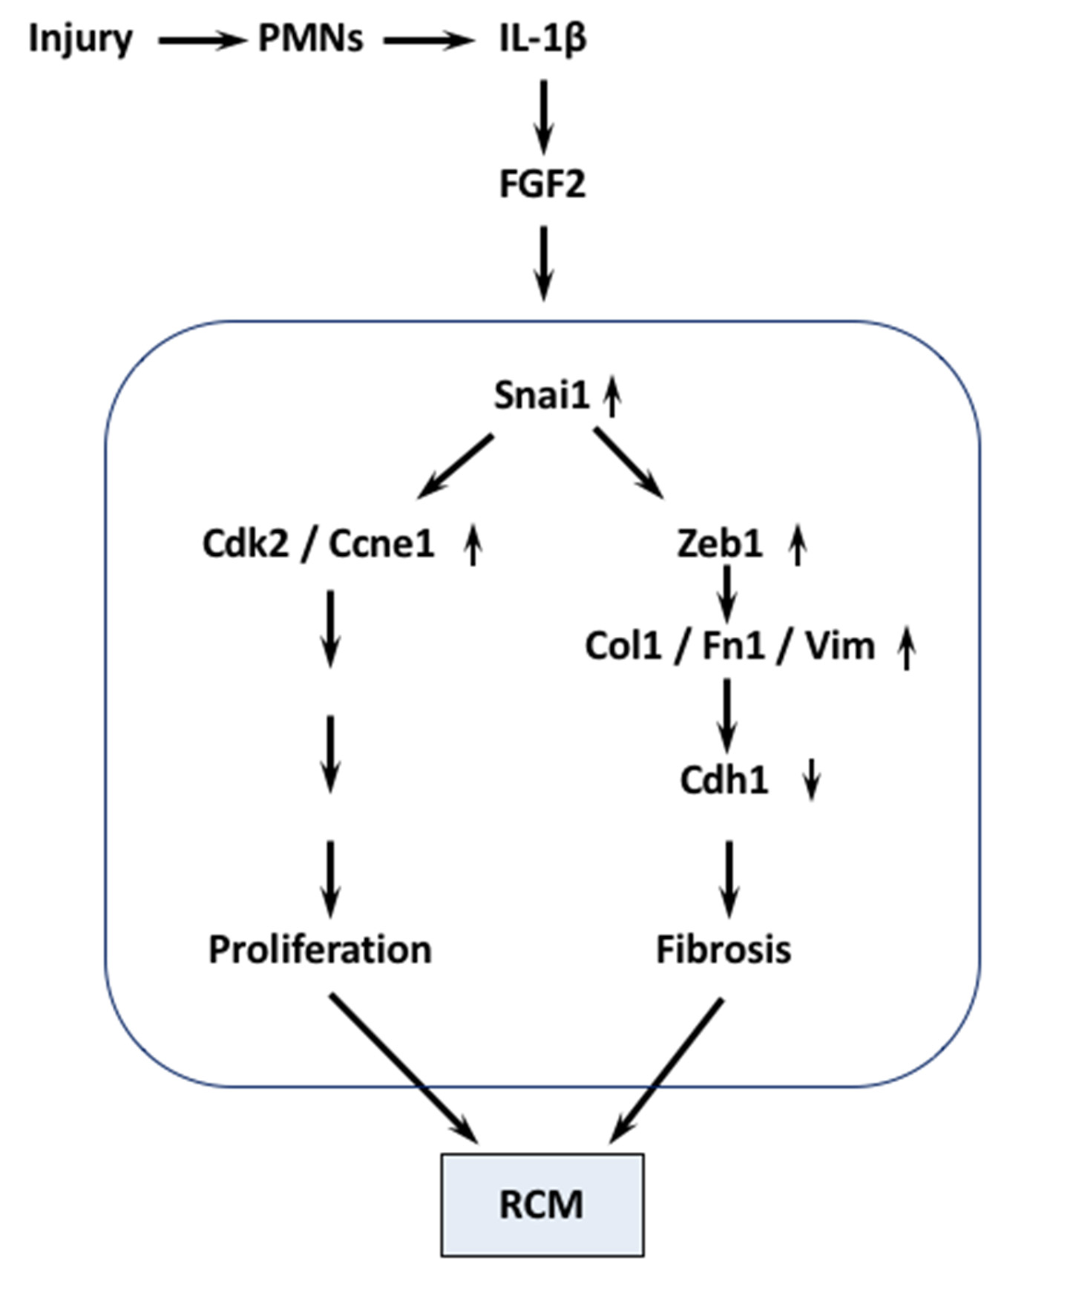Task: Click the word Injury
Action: click(80, 39)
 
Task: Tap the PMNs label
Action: click(310, 39)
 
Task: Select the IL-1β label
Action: click(542, 39)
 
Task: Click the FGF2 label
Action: click(542, 184)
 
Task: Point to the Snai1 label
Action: click(541, 395)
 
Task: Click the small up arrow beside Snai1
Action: click(612, 396)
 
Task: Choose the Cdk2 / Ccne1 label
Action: click(318, 544)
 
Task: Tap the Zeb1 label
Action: click(719, 544)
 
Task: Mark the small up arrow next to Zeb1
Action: click(798, 544)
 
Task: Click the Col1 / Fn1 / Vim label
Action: click(730, 646)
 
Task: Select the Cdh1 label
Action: click(724, 780)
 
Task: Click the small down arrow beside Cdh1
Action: click(813, 779)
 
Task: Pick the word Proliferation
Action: click(320, 949)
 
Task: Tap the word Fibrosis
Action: click(724, 949)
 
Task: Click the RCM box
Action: click(542, 1204)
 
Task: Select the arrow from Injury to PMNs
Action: click(201, 41)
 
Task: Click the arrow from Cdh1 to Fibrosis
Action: click(729, 879)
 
